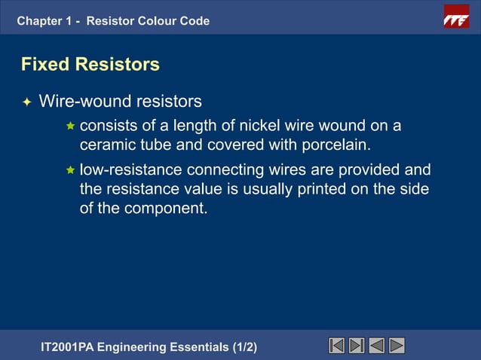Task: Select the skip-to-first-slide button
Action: pos(337,346)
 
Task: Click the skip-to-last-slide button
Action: pos(357,346)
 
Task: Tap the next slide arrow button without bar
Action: pos(397,346)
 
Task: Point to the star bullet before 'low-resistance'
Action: pos(71,169)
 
